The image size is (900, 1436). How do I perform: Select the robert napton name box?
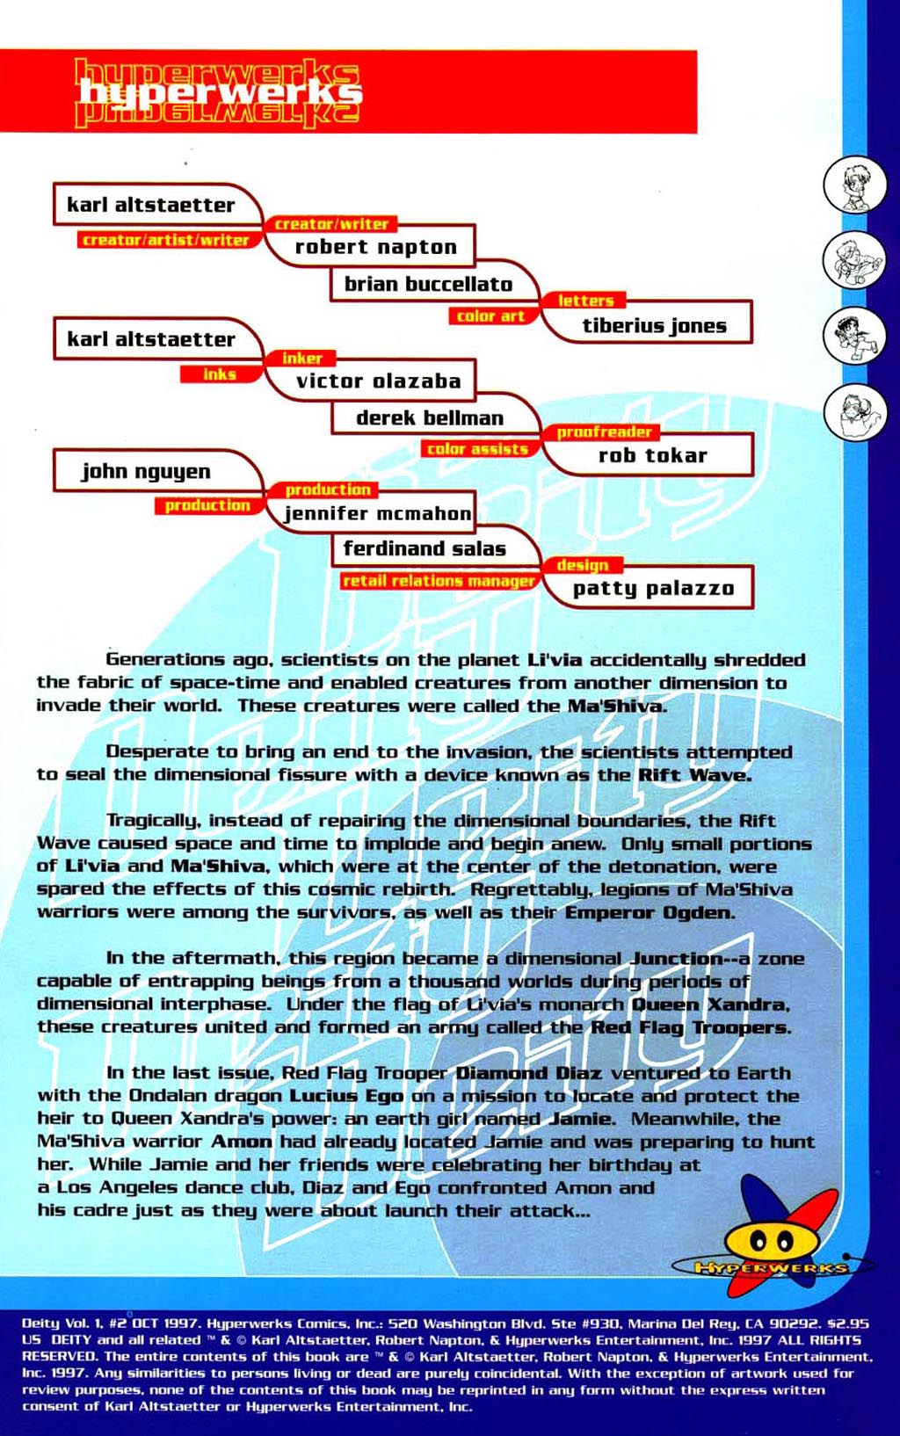pyautogui.click(x=376, y=247)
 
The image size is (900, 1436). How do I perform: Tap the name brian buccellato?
pyautogui.click(x=428, y=284)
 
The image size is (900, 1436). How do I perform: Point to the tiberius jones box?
pyautogui.click(x=654, y=325)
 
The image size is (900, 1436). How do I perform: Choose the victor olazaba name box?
pyautogui.click(x=378, y=381)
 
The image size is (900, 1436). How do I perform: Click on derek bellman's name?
pyautogui.click(x=430, y=417)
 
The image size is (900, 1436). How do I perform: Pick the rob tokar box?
pyautogui.click(x=652, y=455)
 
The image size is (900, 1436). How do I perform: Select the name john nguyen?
pyautogui.click(x=147, y=471)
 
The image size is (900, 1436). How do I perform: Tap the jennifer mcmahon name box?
pyautogui.click(x=378, y=513)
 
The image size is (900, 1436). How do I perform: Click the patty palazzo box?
pyautogui.click(x=653, y=588)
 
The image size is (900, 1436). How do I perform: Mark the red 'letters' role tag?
pyautogui.click(x=585, y=301)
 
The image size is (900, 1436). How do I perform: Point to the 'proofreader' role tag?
pyautogui.click(x=605, y=432)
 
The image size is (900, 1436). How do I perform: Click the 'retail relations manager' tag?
pyautogui.click(x=439, y=581)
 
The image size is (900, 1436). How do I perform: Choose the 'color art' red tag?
pyautogui.click(x=490, y=315)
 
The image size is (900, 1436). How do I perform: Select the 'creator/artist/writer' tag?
pyautogui.click(x=166, y=240)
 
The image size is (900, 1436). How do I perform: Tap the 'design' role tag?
pyautogui.click(x=582, y=565)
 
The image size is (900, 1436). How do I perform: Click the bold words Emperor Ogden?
pyautogui.click(x=649, y=912)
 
